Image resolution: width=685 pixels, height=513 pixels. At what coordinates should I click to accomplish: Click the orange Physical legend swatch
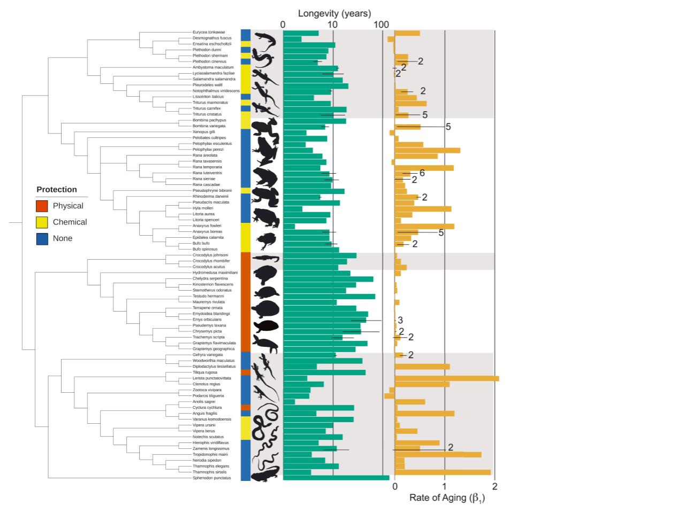42,206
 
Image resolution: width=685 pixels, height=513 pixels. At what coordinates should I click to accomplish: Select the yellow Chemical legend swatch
42,222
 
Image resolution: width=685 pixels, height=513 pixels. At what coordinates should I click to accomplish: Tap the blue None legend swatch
42,239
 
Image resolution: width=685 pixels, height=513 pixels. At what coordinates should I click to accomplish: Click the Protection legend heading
57,190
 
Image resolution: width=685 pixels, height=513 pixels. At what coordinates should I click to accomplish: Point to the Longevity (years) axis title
334,13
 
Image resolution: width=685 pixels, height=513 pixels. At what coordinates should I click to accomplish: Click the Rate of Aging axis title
447,498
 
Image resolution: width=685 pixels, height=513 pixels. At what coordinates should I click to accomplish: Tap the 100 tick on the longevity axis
381,25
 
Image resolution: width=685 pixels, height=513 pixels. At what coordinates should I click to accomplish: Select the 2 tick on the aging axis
494,486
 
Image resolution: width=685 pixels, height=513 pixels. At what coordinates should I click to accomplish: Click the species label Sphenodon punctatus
212,478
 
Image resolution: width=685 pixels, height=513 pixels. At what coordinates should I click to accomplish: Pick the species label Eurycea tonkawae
209,33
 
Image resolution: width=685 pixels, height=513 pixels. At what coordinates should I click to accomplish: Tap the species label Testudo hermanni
208,297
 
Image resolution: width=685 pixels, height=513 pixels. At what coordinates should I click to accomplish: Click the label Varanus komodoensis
212,419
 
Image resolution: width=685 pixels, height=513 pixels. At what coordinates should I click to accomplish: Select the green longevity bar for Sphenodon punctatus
336,478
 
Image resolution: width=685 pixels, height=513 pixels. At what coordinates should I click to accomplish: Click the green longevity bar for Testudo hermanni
329,297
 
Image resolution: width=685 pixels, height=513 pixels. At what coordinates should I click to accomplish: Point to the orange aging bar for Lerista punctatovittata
446,378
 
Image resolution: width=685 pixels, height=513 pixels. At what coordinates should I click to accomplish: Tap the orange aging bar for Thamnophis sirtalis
443,472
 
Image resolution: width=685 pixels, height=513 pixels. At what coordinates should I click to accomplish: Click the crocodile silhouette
265,259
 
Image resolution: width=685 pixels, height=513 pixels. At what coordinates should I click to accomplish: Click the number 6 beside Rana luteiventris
422,173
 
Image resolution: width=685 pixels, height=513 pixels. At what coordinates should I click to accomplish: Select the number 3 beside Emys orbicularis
400,321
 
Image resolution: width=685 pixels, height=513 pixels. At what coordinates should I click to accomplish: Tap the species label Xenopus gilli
204,132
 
